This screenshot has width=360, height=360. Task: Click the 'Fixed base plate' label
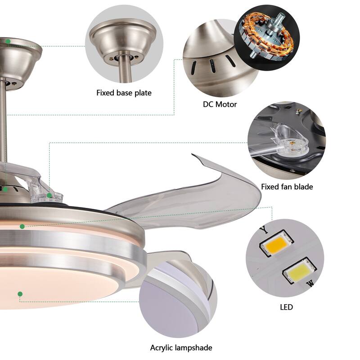click(124, 93)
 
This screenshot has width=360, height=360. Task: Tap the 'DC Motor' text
click(220, 104)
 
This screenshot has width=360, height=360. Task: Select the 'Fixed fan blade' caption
click(287, 187)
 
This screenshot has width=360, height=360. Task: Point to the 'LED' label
click(286, 307)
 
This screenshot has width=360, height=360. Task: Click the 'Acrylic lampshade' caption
click(181, 347)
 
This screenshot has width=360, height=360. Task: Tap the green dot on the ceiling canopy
click(8, 41)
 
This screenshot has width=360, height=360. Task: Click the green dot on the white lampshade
click(20, 294)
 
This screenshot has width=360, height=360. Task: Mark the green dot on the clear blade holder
click(49, 195)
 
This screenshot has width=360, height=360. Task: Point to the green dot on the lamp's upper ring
click(22, 227)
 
